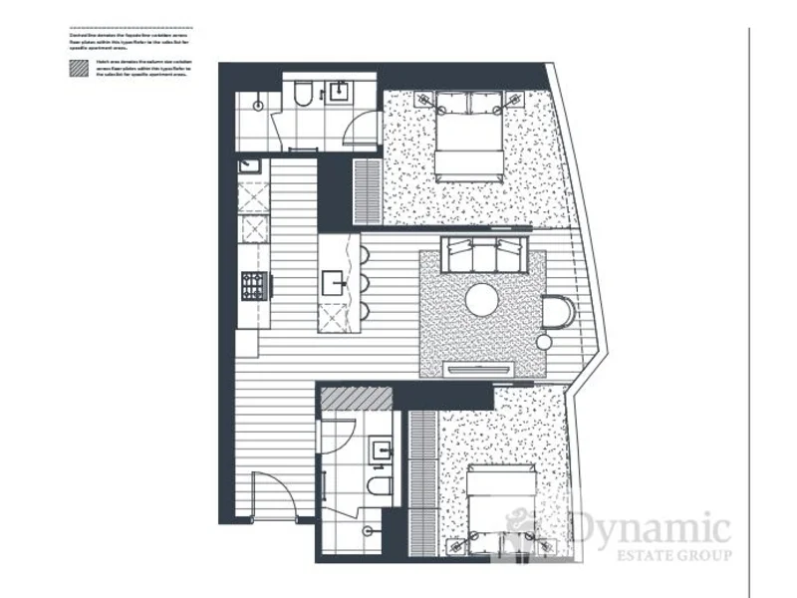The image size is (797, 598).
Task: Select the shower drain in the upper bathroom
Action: pos(258,102)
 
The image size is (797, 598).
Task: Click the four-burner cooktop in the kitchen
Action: pos(254,285)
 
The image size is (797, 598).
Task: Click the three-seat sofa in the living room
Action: pos(484,254)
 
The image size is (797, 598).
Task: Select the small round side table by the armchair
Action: pos(544,342)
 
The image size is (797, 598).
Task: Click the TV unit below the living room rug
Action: pos(482,369)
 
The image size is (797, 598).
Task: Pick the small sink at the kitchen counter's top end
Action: pos(250,166)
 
